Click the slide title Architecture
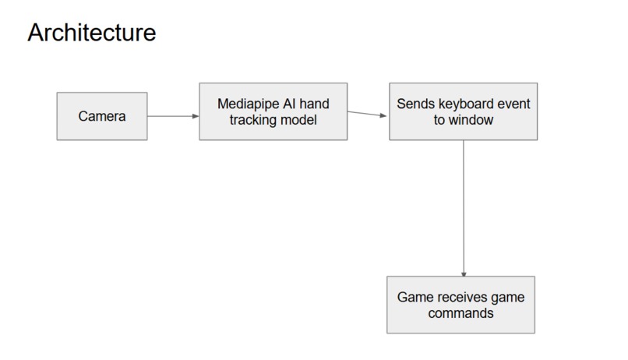coord(91,33)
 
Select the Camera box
coord(101,117)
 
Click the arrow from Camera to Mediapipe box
coord(172,117)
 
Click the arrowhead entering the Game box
coord(464,274)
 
